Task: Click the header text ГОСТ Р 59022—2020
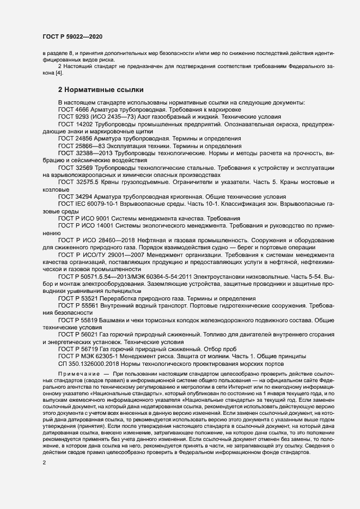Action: [x=72, y=36]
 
